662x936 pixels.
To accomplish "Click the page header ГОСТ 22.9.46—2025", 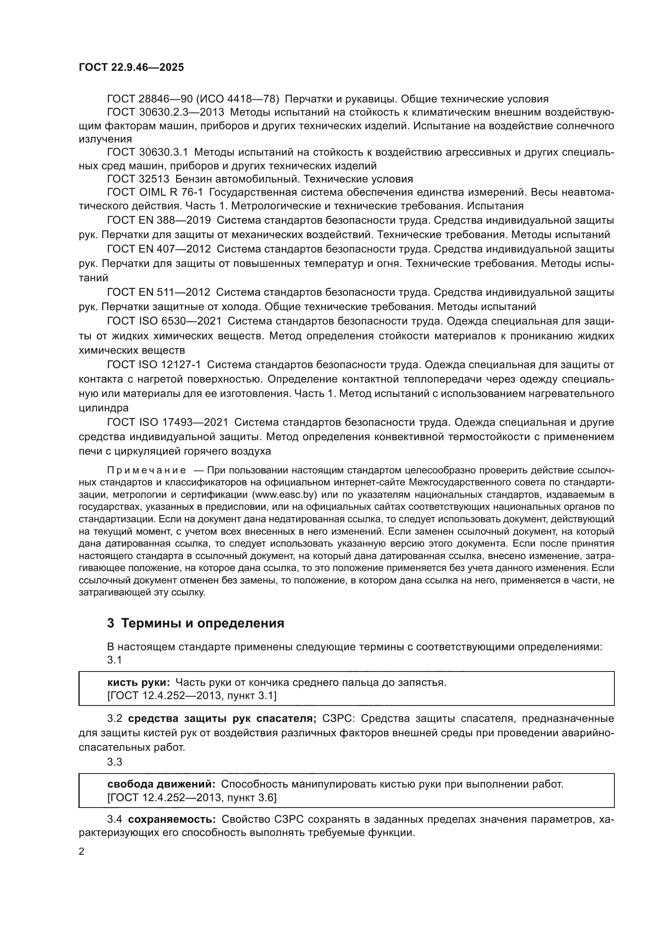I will point(131,67).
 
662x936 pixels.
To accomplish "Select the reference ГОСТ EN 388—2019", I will point(159,220).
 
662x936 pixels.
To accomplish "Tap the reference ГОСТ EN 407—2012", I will point(159,249).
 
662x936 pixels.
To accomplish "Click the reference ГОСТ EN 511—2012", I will point(159,292).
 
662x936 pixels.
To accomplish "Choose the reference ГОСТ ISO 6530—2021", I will point(164,321).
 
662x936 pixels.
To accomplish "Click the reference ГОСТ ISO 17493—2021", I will point(168,422).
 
